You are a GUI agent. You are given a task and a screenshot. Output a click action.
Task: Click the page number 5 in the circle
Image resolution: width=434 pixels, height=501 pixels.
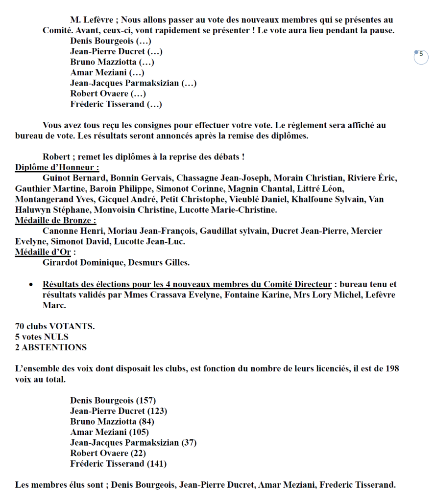pos(421,55)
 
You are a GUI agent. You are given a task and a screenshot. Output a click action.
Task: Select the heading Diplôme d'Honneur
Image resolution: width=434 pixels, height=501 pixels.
pos(57,167)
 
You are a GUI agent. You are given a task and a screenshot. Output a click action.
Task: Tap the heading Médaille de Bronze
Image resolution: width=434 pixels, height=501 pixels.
pos(55,220)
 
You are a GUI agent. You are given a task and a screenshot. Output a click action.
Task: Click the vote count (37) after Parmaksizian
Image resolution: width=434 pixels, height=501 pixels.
pos(189,443)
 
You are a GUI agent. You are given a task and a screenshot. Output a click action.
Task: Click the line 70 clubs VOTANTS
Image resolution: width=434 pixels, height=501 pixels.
pos(55,326)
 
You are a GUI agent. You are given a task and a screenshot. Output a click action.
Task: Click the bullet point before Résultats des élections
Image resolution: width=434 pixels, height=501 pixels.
pos(31,285)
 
